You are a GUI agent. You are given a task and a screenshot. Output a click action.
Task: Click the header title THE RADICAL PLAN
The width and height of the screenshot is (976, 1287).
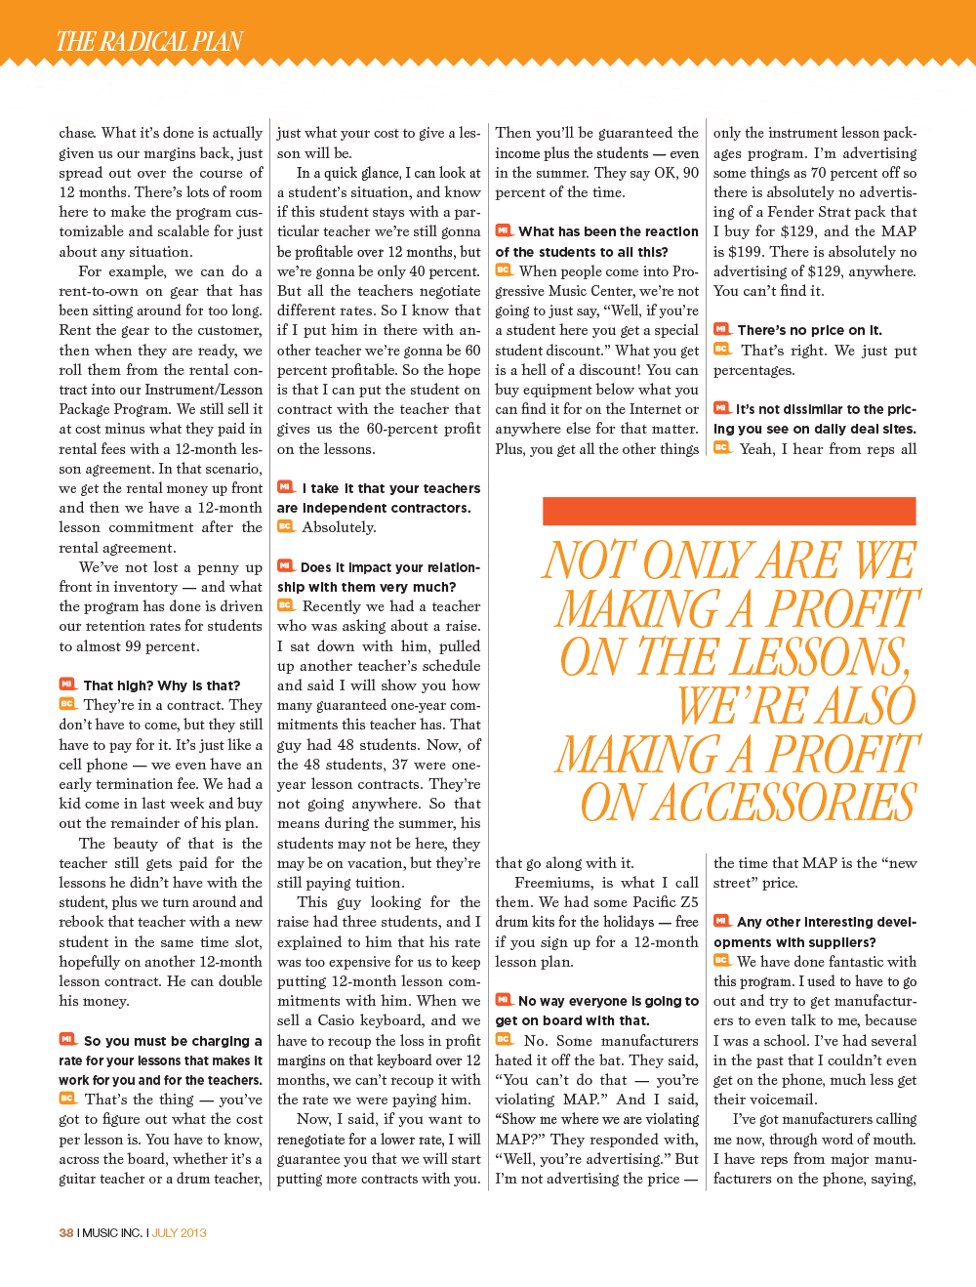tap(149, 42)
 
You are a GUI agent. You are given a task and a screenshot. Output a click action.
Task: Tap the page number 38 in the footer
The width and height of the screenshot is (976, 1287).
tap(65, 1232)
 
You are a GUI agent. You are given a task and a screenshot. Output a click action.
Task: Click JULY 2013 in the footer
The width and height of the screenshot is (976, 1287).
tap(180, 1232)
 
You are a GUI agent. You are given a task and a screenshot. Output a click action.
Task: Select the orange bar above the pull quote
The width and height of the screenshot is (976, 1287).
tap(728, 511)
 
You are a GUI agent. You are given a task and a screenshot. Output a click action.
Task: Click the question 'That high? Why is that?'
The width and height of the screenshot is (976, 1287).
tap(161, 685)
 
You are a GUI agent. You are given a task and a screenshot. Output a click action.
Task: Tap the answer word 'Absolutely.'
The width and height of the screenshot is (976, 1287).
tap(339, 527)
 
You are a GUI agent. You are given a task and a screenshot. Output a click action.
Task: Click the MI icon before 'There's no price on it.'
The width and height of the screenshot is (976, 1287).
tap(722, 329)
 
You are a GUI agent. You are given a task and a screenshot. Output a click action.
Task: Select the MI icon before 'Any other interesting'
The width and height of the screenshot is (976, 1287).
tap(722, 921)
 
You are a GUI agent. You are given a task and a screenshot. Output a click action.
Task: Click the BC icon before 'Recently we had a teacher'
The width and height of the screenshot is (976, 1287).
tap(286, 605)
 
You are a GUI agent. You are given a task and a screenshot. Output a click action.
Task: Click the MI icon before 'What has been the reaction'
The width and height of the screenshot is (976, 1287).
tap(504, 230)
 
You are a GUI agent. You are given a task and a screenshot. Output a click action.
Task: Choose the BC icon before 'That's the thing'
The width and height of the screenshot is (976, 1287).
tap(67, 1099)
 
